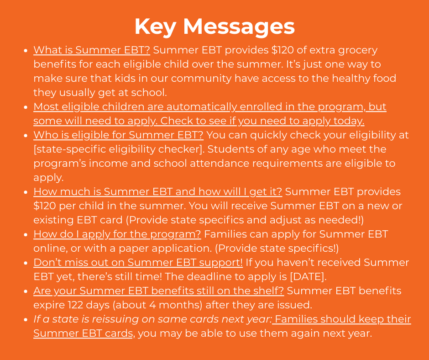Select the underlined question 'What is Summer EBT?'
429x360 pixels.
tap(91, 50)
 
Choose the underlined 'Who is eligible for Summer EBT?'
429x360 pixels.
tap(118, 135)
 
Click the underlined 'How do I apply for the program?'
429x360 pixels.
tap(117, 234)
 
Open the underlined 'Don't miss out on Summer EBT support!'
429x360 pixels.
tap(138, 262)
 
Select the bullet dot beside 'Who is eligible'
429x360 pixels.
tap(26, 136)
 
